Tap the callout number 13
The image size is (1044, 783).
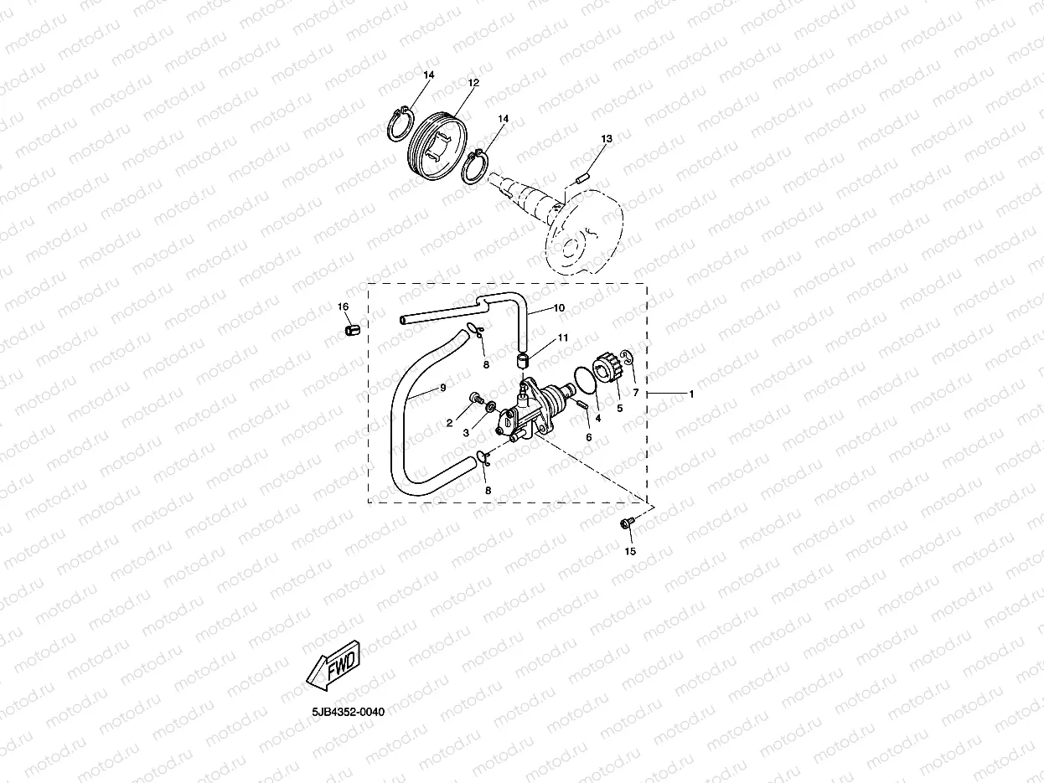(x=607, y=138)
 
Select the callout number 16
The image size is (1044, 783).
(x=343, y=307)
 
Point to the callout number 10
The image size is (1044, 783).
(x=559, y=308)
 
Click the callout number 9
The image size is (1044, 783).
(x=442, y=388)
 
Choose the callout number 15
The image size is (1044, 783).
(x=631, y=551)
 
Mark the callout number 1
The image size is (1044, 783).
(x=691, y=393)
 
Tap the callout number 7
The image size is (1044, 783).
(x=635, y=393)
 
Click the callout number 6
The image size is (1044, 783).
(x=588, y=437)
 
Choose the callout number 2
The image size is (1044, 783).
(x=449, y=423)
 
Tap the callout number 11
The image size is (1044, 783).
(x=563, y=337)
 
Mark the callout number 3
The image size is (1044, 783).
(x=466, y=433)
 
